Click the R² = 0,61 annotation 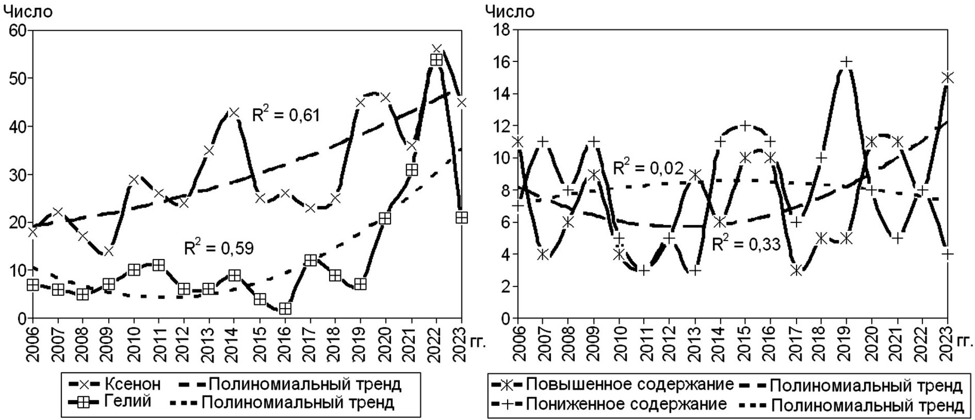(x=286, y=115)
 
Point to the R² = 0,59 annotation (x=219, y=248)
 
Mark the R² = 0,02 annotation (x=648, y=167)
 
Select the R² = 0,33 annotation (x=746, y=244)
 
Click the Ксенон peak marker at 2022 (x=437, y=49)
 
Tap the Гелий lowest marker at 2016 (x=285, y=309)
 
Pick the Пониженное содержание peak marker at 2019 (x=846, y=62)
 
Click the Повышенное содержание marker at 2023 (x=947, y=78)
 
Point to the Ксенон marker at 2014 (x=234, y=112)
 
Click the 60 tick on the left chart (x=18, y=31)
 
